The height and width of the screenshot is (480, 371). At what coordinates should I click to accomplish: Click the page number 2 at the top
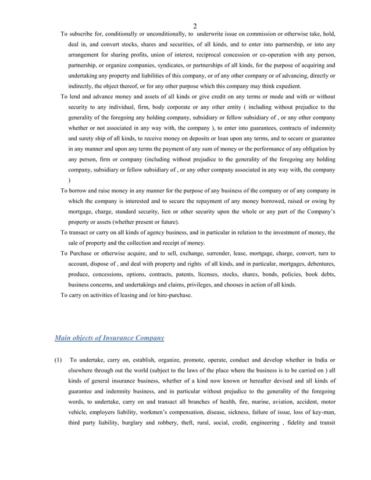(195, 26)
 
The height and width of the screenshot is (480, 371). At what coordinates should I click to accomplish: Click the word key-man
(323, 412)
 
